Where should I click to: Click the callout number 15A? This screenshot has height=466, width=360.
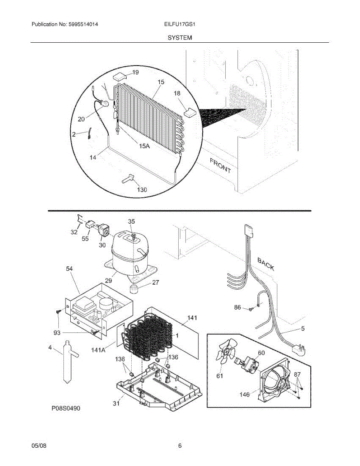(144, 146)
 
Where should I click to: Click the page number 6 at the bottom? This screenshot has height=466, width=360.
(180, 446)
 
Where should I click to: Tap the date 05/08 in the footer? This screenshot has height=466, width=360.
(39, 446)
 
